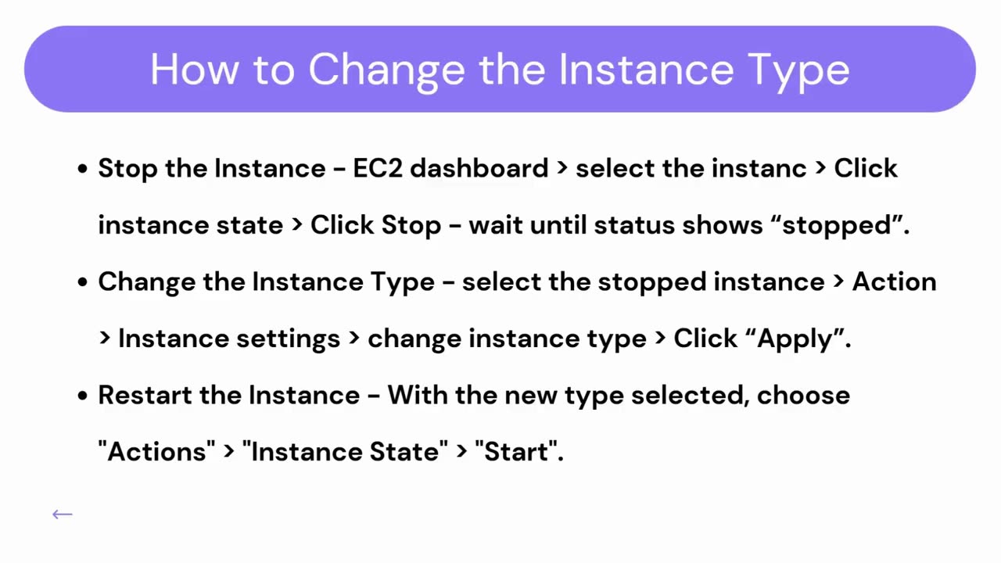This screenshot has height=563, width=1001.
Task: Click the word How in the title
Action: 194,70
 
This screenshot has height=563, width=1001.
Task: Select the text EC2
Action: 378,168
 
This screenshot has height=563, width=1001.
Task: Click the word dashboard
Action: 479,168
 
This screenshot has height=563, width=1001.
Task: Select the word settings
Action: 289,339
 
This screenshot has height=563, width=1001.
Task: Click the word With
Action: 418,396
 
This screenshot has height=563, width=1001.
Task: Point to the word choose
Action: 803,396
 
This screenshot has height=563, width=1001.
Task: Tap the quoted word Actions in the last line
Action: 156,451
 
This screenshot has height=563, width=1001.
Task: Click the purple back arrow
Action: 63,515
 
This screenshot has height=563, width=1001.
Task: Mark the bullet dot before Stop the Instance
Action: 82,170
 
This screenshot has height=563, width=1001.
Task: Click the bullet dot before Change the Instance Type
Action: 82,283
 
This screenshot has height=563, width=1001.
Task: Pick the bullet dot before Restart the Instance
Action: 82,396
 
